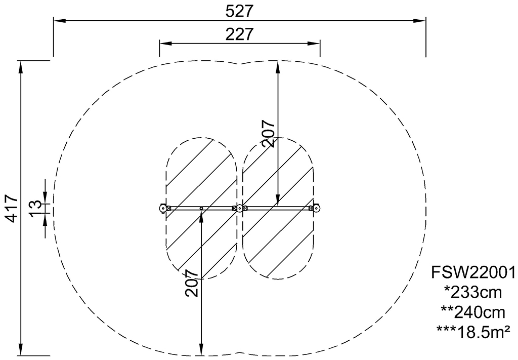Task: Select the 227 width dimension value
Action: (239, 34)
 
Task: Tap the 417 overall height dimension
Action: (12, 209)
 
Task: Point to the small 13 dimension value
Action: (36, 209)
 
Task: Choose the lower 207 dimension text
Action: (192, 283)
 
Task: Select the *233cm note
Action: (473, 292)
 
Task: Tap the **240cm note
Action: (473, 312)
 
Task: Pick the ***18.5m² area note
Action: (473, 331)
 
